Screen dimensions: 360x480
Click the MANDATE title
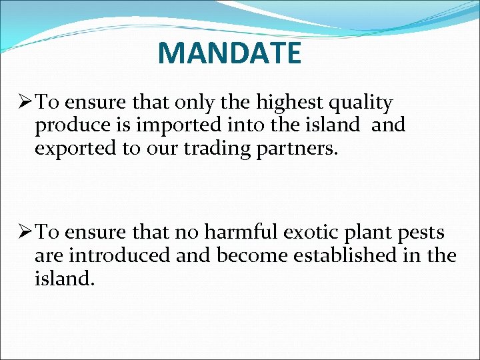point(229,53)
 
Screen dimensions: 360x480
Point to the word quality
point(361,104)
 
